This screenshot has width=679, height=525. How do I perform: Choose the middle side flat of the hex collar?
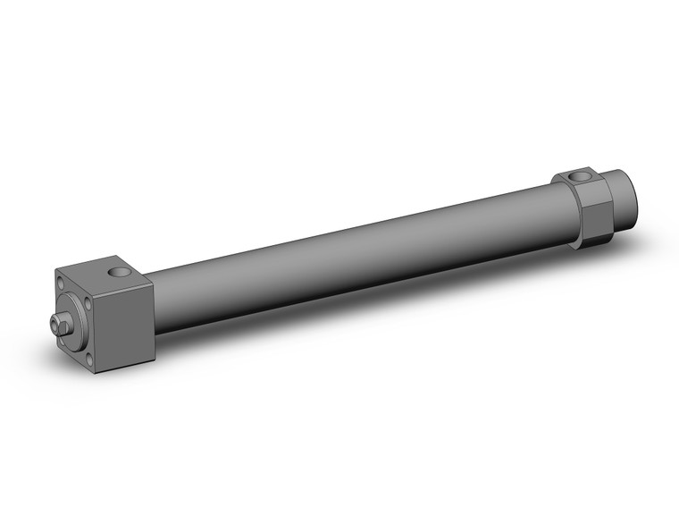593,215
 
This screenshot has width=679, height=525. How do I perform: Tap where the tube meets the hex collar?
565,215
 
